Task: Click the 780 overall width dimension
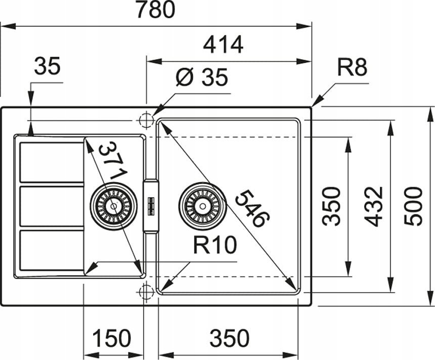[x=156, y=10]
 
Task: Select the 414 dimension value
[x=223, y=44]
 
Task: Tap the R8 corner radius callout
[x=352, y=67]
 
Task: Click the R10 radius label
[x=215, y=245]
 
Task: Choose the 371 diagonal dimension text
[x=113, y=161]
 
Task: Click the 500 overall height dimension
[x=413, y=206]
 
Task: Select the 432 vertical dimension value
[x=373, y=206]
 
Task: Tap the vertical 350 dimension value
[x=331, y=206]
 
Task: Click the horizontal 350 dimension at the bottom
[x=230, y=338]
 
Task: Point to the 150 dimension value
[x=111, y=338]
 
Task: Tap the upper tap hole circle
[x=146, y=121]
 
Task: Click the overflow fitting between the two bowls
[x=151, y=205]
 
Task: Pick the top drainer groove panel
[x=52, y=162]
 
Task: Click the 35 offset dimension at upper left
[x=47, y=66]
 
